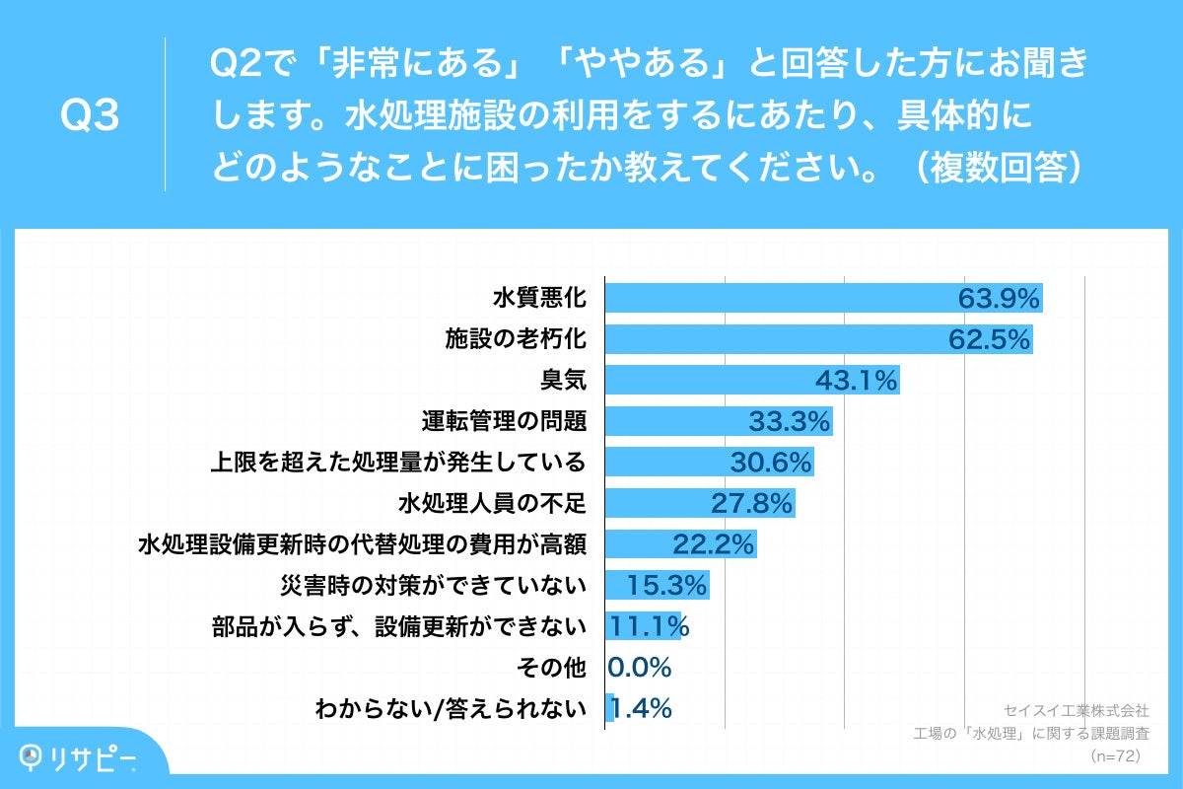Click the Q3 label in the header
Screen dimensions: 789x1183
[x=90, y=116]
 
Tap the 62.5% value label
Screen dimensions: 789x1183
[x=989, y=339]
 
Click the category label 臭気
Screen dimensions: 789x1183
[x=563, y=380]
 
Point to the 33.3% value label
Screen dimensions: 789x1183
[x=789, y=421]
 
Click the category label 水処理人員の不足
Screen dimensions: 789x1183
[x=492, y=503]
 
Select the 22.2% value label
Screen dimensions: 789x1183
[x=713, y=543]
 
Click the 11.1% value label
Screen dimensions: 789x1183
[x=648, y=626]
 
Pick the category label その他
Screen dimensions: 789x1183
[x=551, y=668]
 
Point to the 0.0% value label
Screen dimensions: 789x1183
[x=640, y=668]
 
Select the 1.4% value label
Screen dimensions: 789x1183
[x=641, y=708]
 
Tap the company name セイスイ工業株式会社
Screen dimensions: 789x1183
[x=1076, y=710]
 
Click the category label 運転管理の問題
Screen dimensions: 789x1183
[x=504, y=421]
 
